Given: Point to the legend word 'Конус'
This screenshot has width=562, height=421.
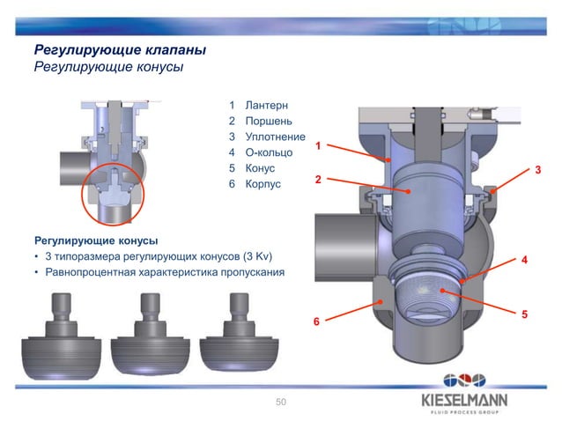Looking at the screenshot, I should pos(261,168).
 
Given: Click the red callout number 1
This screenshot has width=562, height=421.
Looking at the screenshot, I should pos(320,144).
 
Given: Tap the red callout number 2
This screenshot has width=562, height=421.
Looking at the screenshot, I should pos(320,180).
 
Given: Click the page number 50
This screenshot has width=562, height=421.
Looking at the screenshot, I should pos(281,402).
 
